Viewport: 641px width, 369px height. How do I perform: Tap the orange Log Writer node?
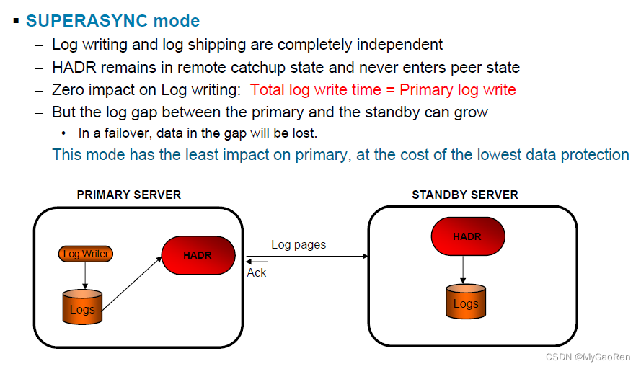tap(86, 254)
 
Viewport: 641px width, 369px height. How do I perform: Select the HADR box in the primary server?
tap(198, 255)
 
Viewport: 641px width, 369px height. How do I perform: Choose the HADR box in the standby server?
tap(467, 236)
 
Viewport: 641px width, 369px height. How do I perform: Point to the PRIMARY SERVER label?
tap(129, 195)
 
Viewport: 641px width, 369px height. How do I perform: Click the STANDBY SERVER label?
tap(464, 195)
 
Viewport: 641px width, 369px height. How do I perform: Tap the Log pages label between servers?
tap(299, 244)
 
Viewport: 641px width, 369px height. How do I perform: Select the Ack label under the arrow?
tap(257, 272)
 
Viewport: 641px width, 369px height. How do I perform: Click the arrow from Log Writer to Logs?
tap(85, 275)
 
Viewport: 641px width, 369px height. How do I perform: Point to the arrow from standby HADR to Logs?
tap(463, 270)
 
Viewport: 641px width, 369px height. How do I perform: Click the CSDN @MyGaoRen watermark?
tap(588, 357)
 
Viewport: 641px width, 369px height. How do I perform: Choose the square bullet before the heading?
tap(16, 20)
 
